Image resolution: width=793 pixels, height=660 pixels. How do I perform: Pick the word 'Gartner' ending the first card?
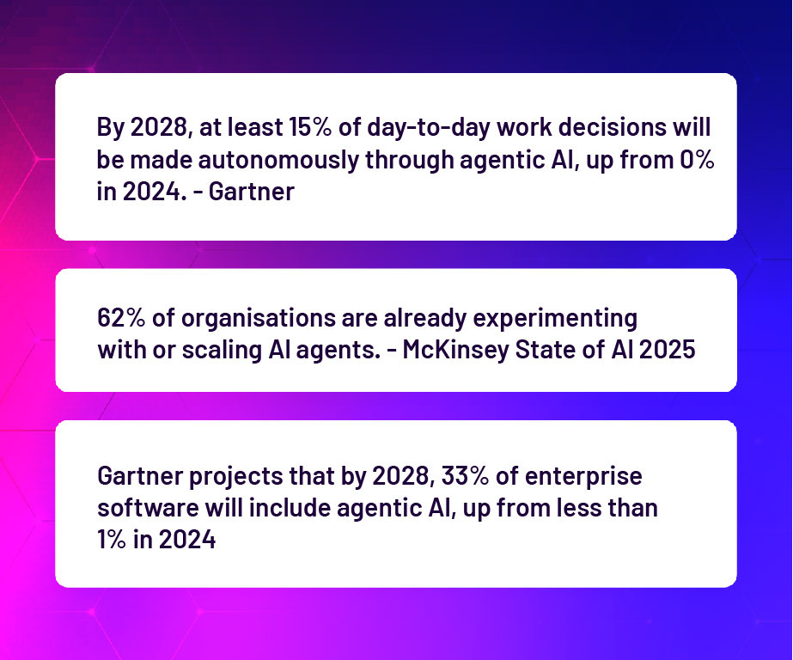pyautogui.click(x=252, y=192)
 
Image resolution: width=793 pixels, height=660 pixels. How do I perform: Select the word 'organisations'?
pyautogui.click(x=259, y=319)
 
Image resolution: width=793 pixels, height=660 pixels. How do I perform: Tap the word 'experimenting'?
pyautogui.click(x=555, y=319)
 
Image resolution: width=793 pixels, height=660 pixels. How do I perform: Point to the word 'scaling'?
pyautogui.click(x=222, y=351)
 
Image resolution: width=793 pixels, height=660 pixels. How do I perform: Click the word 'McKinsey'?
pyautogui.click(x=455, y=351)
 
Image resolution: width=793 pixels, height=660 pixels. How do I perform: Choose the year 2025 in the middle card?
pyautogui.click(x=667, y=350)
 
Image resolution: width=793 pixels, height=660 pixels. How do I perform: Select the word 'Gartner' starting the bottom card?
pyautogui.click(x=140, y=476)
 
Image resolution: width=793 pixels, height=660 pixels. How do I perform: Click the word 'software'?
pyautogui.click(x=148, y=508)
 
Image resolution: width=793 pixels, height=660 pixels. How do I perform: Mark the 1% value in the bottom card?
pyautogui.click(x=112, y=539)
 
